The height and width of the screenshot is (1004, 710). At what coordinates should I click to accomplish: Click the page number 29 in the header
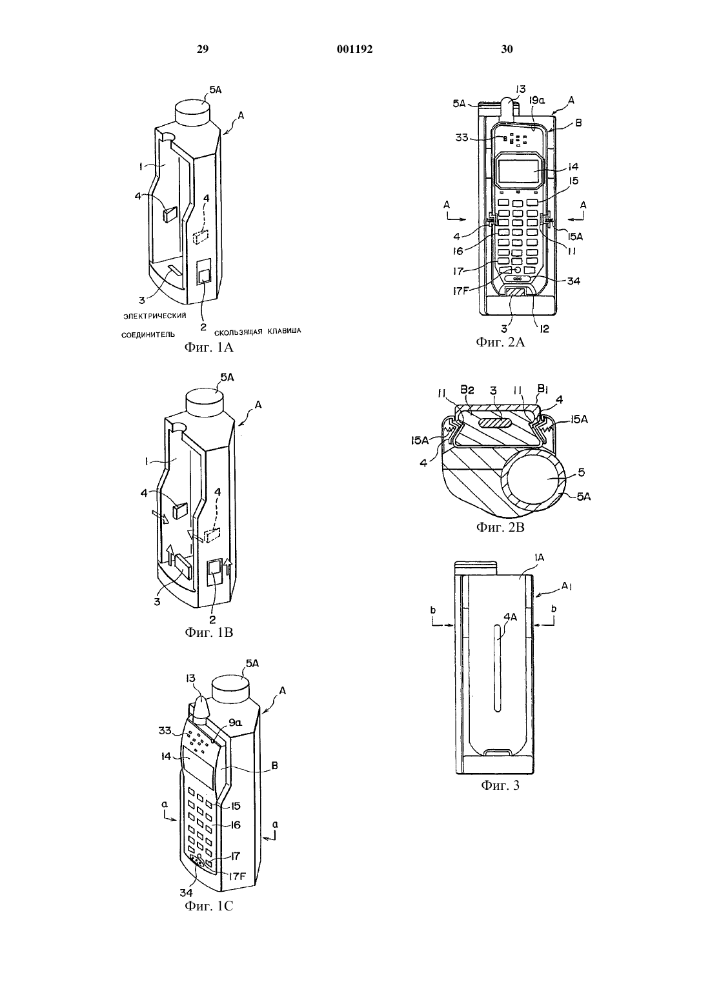pyautogui.click(x=203, y=49)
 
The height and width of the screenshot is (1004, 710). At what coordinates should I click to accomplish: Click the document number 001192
pyautogui.click(x=354, y=49)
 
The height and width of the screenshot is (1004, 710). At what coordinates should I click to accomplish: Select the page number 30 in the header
pyautogui.click(x=507, y=49)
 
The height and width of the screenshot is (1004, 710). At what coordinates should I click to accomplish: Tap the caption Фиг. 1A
pyautogui.click(x=209, y=347)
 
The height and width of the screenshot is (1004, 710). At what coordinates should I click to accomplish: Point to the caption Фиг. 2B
pyautogui.click(x=500, y=527)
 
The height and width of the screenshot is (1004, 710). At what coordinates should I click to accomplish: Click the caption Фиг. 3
pyautogui.click(x=500, y=785)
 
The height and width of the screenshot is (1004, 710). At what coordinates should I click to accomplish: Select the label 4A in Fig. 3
pyautogui.click(x=511, y=617)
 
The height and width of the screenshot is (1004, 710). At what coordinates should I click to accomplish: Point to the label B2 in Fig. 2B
pyautogui.click(x=467, y=390)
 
